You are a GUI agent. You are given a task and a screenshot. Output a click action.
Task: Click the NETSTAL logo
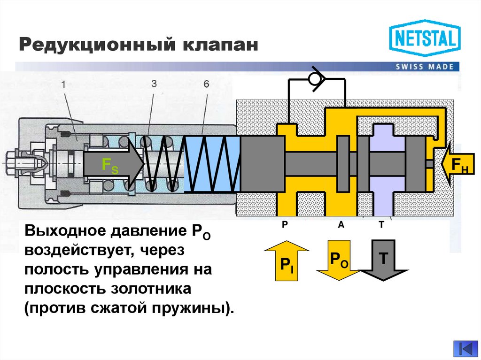[425, 38]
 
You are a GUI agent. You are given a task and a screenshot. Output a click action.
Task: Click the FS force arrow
[113, 164]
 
